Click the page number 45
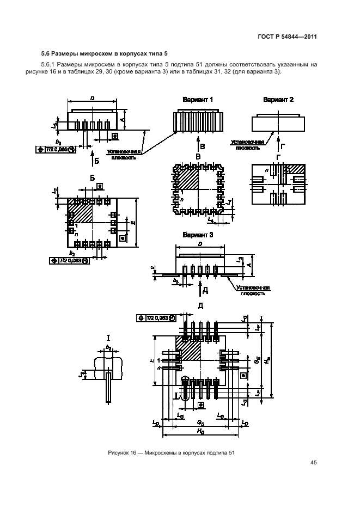coord(313,463)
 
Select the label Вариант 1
coord(198,100)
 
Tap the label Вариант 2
coord(278,100)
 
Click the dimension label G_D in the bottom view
coord(200,422)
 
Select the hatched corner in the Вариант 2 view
coord(297,169)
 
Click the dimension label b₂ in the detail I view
coord(108,347)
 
